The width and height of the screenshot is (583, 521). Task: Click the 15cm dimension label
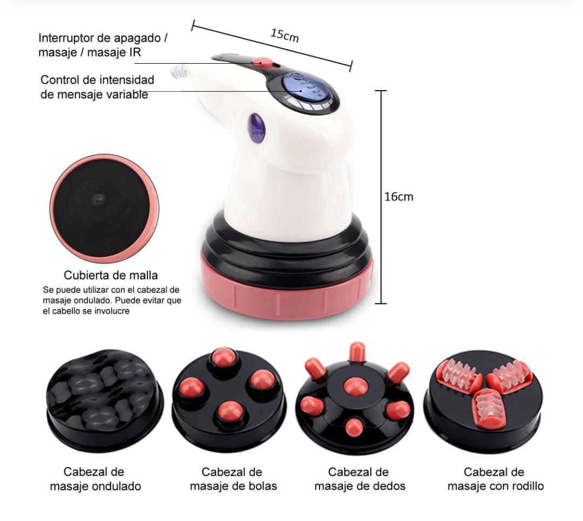(x=284, y=35)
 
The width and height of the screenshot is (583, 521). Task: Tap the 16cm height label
(x=398, y=197)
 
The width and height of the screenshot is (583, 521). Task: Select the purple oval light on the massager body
(x=256, y=127)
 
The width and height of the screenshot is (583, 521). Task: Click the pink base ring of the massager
(x=286, y=294)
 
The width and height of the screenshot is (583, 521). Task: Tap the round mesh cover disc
(x=104, y=208)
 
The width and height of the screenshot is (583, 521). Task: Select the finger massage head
(x=355, y=398)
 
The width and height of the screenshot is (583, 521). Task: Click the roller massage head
(x=483, y=401)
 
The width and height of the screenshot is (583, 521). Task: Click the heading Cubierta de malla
(x=111, y=275)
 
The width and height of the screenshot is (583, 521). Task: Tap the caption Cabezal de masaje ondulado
(x=95, y=479)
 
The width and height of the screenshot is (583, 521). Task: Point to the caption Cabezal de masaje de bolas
(x=233, y=479)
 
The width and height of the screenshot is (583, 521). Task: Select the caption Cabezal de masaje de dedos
(x=360, y=479)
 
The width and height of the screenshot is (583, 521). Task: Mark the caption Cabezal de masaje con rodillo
(x=495, y=479)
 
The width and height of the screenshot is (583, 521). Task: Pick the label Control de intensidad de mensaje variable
(x=97, y=87)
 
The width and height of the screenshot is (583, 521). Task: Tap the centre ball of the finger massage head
(x=355, y=386)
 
